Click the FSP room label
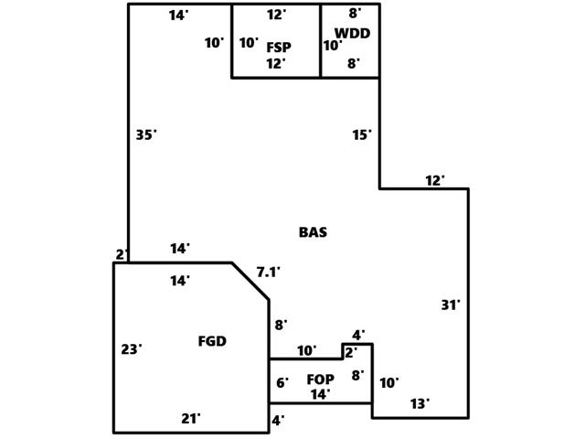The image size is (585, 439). (x=279, y=47)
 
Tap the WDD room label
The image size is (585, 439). (x=352, y=34)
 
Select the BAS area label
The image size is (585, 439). (x=313, y=232)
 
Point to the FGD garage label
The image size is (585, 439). (x=212, y=342)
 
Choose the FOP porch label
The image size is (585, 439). (x=320, y=380)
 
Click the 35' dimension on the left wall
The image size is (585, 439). (x=146, y=134)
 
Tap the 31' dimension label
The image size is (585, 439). (x=451, y=305)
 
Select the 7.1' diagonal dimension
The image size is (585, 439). (x=268, y=272)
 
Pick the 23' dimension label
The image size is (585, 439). (x=132, y=348)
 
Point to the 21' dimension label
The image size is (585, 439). (x=190, y=419)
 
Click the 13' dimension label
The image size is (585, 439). (x=420, y=403)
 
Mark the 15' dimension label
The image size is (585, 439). (x=362, y=134)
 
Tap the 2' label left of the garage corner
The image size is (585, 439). (x=122, y=254)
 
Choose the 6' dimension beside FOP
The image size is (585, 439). (x=282, y=382)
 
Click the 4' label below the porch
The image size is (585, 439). (x=278, y=421)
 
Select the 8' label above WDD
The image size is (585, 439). (x=355, y=14)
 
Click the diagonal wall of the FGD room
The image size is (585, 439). (x=250, y=281)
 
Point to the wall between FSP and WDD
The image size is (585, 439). (x=321, y=41)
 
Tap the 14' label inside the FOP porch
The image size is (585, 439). (x=320, y=395)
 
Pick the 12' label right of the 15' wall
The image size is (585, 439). (x=435, y=181)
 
